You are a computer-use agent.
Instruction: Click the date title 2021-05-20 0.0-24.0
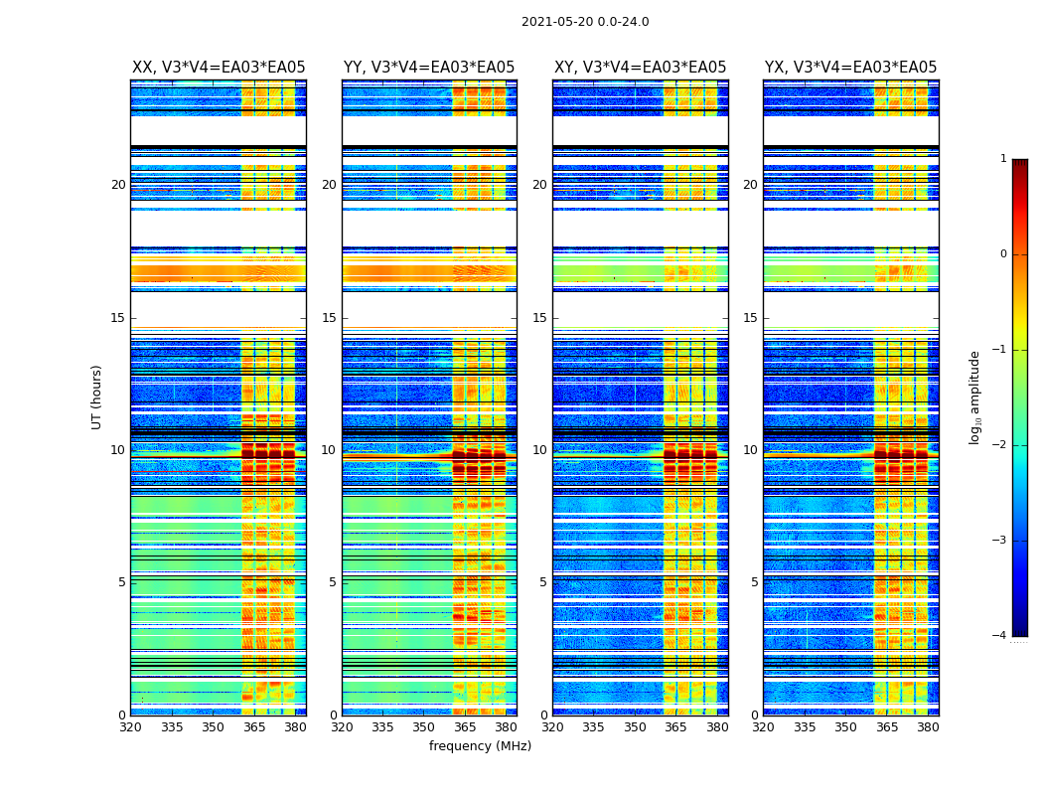pyautogui.click(x=585, y=22)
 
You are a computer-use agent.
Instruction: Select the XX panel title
pyautogui.click(x=219, y=68)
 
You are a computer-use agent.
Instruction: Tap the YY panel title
pyautogui.click(x=429, y=68)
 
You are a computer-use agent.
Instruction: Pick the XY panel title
pyautogui.click(x=640, y=68)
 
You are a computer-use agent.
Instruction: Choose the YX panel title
pyautogui.click(x=850, y=68)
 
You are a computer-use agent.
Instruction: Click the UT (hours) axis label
pyautogui.click(x=97, y=397)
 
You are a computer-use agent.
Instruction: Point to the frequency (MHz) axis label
pyautogui.click(x=480, y=746)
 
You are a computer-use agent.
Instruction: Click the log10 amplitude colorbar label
pyautogui.click(x=975, y=397)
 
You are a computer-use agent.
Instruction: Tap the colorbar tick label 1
pyautogui.click(x=1003, y=159)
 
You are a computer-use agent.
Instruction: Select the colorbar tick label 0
pyautogui.click(x=1003, y=254)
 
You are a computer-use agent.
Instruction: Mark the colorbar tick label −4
pyautogui.click(x=1000, y=636)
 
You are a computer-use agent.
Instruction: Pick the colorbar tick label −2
pyautogui.click(x=1000, y=445)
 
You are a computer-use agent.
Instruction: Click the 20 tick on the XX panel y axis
pyautogui.click(x=118, y=185)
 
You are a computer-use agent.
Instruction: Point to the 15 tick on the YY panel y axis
pyautogui.click(x=329, y=318)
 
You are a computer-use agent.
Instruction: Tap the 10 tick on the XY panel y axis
pyautogui.click(x=539, y=450)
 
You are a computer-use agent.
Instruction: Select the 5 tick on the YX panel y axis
pyautogui.click(x=754, y=582)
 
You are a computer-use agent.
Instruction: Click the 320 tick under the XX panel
pyautogui.click(x=130, y=726)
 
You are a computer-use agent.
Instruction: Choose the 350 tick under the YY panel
pyautogui.click(x=424, y=726)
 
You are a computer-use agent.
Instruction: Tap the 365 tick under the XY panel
pyautogui.click(x=676, y=726)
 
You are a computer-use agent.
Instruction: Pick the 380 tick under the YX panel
pyautogui.click(x=928, y=726)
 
